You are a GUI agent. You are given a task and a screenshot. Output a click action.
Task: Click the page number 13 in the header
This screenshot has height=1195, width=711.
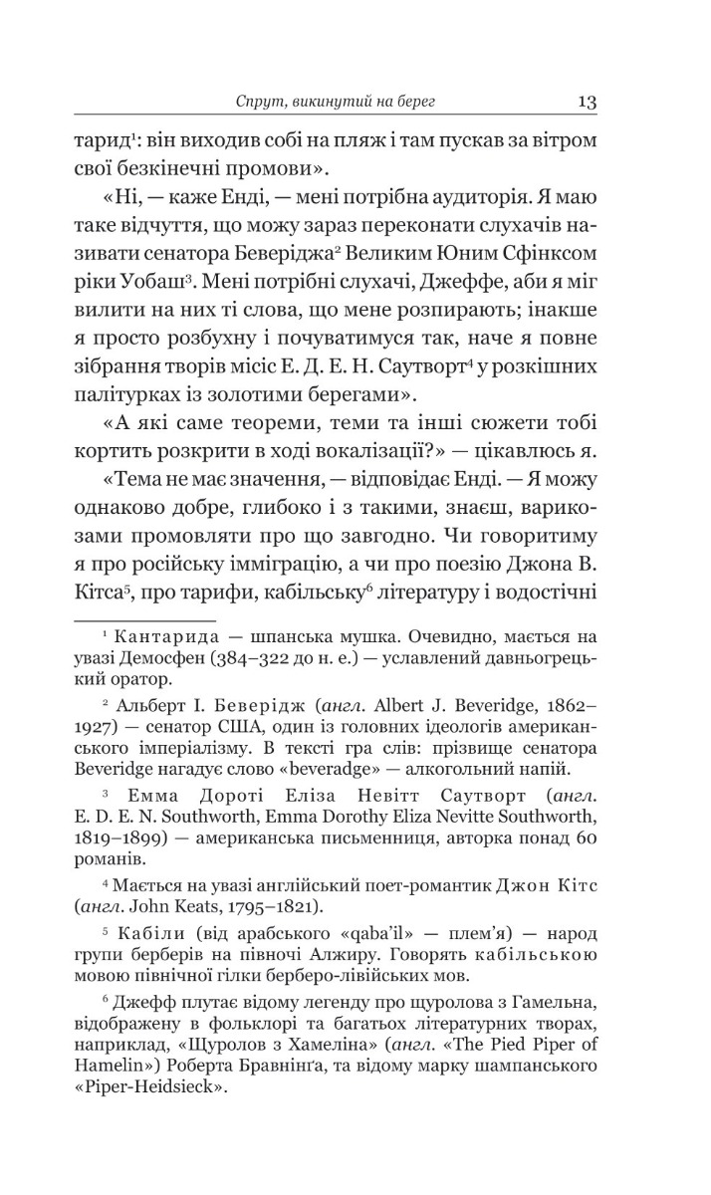586,102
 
